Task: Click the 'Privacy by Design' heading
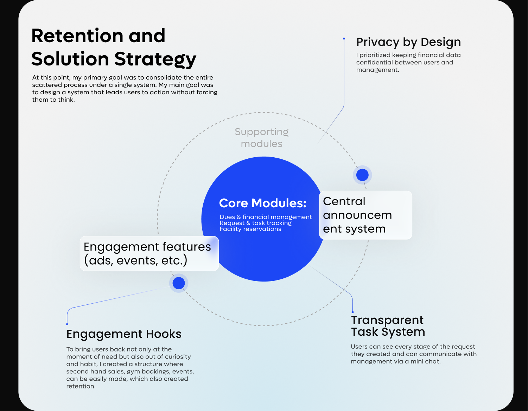click(x=408, y=42)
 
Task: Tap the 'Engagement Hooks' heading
click(x=124, y=334)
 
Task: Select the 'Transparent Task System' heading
click(x=388, y=326)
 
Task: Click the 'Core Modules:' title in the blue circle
click(x=263, y=203)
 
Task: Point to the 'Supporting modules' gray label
click(x=262, y=138)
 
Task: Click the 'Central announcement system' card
click(x=365, y=215)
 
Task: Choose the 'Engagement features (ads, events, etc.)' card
click(x=149, y=253)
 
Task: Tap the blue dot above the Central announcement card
click(x=362, y=175)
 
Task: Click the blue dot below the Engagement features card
click(x=179, y=283)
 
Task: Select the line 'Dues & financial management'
click(x=266, y=217)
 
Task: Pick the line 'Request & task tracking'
click(x=256, y=223)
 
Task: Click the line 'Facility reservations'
click(x=250, y=229)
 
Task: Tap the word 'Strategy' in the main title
click(x=155, y=59)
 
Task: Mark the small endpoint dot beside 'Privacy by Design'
click(x=344, y=39)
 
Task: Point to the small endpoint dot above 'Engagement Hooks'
click(x=67, y=324)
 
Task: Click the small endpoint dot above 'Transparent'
click(x=352, y=312)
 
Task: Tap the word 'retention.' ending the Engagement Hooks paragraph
click(x=81, y=386)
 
